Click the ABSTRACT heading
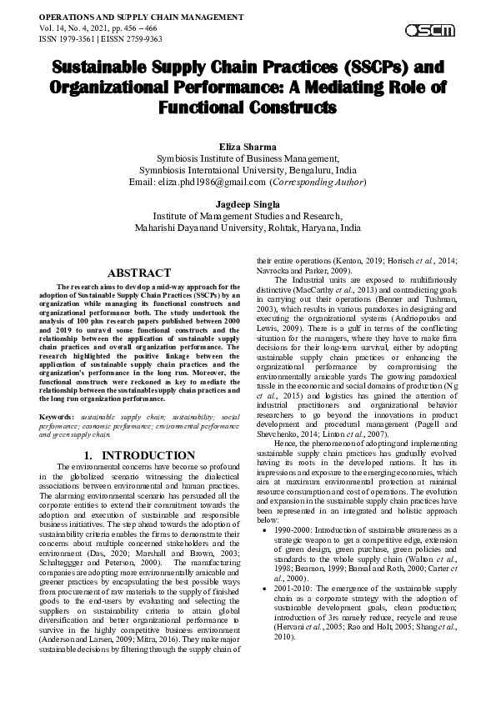click(x=143, y=273)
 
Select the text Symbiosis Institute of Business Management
click(x=248, y=157)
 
